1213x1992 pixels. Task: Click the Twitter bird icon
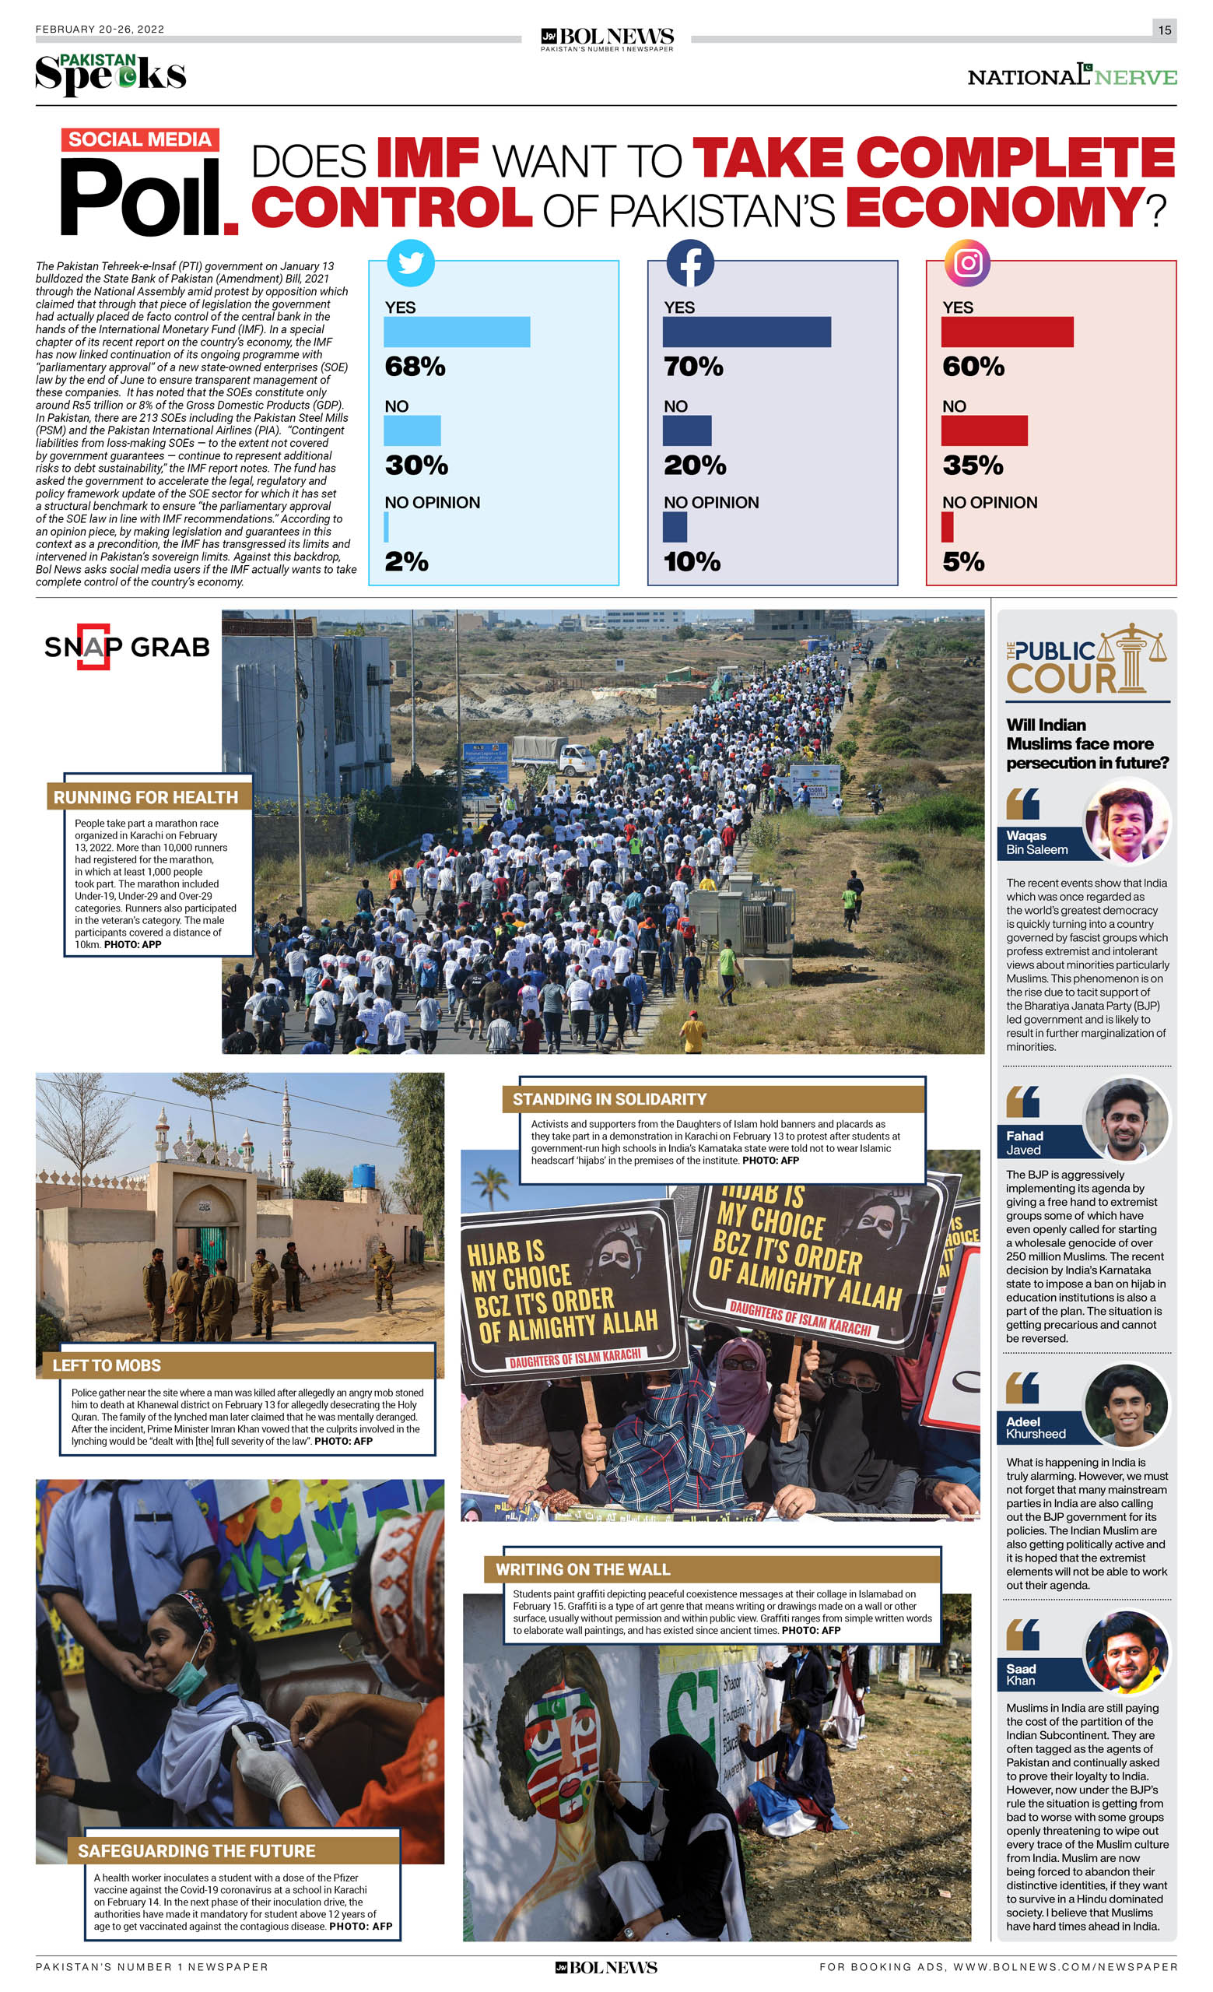(x=411, y=263)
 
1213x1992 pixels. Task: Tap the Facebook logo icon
(x=689, y=263)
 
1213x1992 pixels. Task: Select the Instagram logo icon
(x=967, y=263)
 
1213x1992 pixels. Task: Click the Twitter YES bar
(x=457, y=332)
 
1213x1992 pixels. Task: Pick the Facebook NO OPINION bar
(x=675, y=527)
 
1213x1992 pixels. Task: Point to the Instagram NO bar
(x=983, y=431)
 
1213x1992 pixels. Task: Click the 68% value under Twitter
(x=415, y=367)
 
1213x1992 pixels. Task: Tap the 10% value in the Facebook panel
(x=692, y=562)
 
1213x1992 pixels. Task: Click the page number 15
(x=1164, y=30)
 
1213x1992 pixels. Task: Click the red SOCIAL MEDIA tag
(x=140, y=140)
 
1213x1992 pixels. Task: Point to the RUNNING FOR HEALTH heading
(x=146, y=798)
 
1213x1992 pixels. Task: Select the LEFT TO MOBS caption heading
(x=107, y=1365)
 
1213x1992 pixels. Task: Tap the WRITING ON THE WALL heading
(x=583, y=1569)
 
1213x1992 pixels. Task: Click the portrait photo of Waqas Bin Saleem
(x=1127, y=821)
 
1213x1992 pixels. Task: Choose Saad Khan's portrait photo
(x=1127, y=1652)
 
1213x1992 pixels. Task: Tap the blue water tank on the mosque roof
(x=364, y=1175)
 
